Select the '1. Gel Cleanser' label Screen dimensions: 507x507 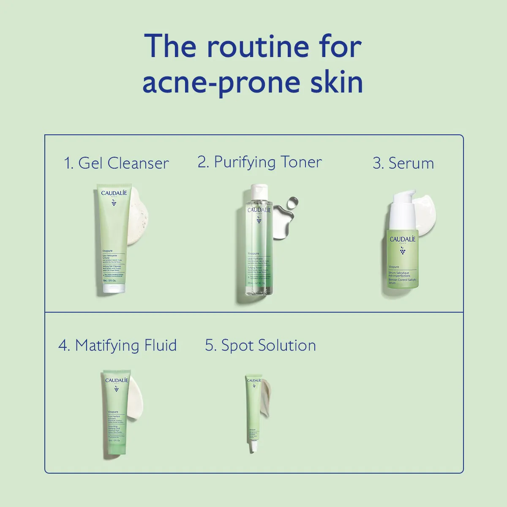[116, 163]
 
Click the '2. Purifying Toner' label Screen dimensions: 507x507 [259, 162]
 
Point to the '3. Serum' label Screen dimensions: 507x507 [403, 163]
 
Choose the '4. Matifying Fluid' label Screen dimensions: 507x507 [117, 346]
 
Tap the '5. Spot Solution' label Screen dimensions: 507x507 [260, 346]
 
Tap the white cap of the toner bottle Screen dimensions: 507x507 [259, 191]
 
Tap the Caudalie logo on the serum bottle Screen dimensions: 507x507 [402, 240]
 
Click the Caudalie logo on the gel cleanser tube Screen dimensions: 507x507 [114, 194]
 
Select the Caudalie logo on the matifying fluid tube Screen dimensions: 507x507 [116, 380]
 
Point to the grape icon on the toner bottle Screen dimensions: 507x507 [259, 220]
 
